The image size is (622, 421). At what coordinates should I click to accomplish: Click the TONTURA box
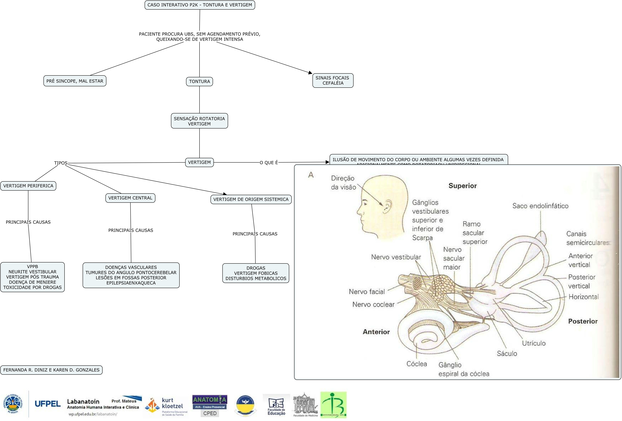(199, 81)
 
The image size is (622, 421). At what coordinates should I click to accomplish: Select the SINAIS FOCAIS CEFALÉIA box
(333, 80)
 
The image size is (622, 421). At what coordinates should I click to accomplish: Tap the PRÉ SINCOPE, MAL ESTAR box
(75, 81)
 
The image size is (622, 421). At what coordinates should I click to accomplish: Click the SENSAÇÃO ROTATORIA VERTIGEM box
(199, 121)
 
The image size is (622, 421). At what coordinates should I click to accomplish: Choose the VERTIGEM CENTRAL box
(130, 198)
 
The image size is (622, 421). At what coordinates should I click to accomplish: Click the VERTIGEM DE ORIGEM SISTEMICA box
(251, 199)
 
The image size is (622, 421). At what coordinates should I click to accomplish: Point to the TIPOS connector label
(61, 163)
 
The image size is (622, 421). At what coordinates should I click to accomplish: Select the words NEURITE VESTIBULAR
(32, 272)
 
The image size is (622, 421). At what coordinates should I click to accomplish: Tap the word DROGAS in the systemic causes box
(256, 268)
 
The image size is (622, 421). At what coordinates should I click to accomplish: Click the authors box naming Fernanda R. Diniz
(51, 370)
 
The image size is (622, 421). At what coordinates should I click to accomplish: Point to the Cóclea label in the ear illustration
(416, 364)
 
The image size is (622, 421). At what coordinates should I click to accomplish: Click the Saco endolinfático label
(540, 206)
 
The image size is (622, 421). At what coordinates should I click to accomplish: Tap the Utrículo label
(533, 343)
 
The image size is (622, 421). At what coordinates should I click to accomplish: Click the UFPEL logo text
(48, 404)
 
